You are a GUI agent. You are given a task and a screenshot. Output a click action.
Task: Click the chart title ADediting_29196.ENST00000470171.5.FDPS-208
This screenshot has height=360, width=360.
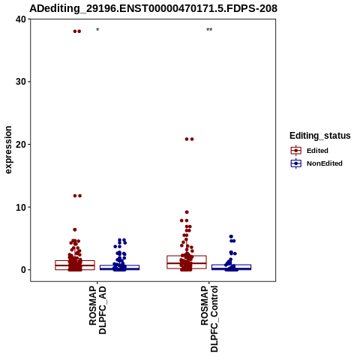(x=153, y=8)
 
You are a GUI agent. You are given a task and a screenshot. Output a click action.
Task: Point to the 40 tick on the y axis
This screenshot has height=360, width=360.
(x=21, y=19)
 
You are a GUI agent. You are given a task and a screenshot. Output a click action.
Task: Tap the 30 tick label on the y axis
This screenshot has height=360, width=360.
(x=21, y=82)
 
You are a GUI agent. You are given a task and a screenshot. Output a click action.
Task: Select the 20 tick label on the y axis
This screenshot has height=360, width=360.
(x=21, y=145)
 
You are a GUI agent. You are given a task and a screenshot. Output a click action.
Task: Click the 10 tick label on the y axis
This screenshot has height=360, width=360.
(x=21, y=207)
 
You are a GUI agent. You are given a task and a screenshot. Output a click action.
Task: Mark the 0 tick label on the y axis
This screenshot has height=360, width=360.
(x=24, y=270)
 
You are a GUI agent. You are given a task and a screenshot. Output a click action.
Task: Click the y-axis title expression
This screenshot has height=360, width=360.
(x=8, y=150)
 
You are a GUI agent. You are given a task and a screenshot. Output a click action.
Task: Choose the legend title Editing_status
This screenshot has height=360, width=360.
(x=320, y=136)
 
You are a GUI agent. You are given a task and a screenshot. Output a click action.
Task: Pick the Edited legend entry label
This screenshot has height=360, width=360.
(x=317, y=151)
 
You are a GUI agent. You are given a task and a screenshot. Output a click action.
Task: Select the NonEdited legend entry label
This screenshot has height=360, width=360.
(x=325, y=163)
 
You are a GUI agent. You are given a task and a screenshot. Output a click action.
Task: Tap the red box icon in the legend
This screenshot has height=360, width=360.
(x=296, y=151)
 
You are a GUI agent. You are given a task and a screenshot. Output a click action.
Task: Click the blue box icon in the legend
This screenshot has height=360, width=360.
(x=296, y=163)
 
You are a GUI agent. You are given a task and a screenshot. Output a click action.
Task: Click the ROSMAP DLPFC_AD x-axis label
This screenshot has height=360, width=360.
(x=97, y=310)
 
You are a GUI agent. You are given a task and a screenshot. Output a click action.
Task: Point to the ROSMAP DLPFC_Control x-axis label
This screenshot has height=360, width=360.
(x=209, y=319)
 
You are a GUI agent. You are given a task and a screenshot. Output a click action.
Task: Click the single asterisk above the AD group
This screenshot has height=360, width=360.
(x=97, y=30)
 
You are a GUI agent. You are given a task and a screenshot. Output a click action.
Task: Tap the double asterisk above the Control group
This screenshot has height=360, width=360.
(x=209, y=30)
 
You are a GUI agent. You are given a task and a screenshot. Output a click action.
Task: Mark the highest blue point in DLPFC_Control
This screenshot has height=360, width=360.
(x=231, y=236)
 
